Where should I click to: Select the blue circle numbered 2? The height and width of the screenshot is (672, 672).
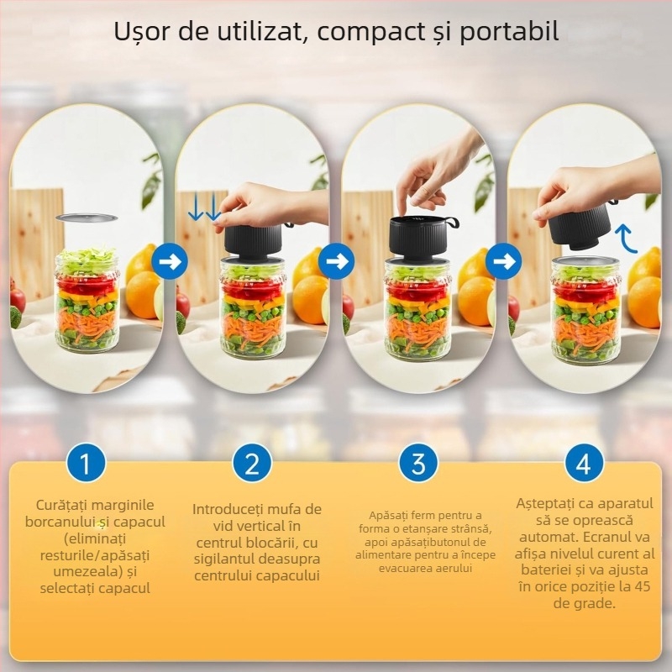coord(252,463)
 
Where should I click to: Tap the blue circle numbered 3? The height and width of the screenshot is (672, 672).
coord(418,463)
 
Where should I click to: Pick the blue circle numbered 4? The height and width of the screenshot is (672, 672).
coord(584,463)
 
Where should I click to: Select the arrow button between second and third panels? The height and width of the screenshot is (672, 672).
coord(337,262)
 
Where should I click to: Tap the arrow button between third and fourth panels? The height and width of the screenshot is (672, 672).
coord(503,262)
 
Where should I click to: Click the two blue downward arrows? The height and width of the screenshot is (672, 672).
coord(203,207)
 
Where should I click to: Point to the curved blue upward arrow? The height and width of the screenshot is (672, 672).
coord(625,239)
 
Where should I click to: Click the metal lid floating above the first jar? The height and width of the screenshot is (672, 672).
coord(86,218)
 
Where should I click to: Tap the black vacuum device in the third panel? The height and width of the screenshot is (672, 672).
coord(417,238)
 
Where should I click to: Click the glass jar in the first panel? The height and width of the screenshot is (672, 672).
coord(87,302)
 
